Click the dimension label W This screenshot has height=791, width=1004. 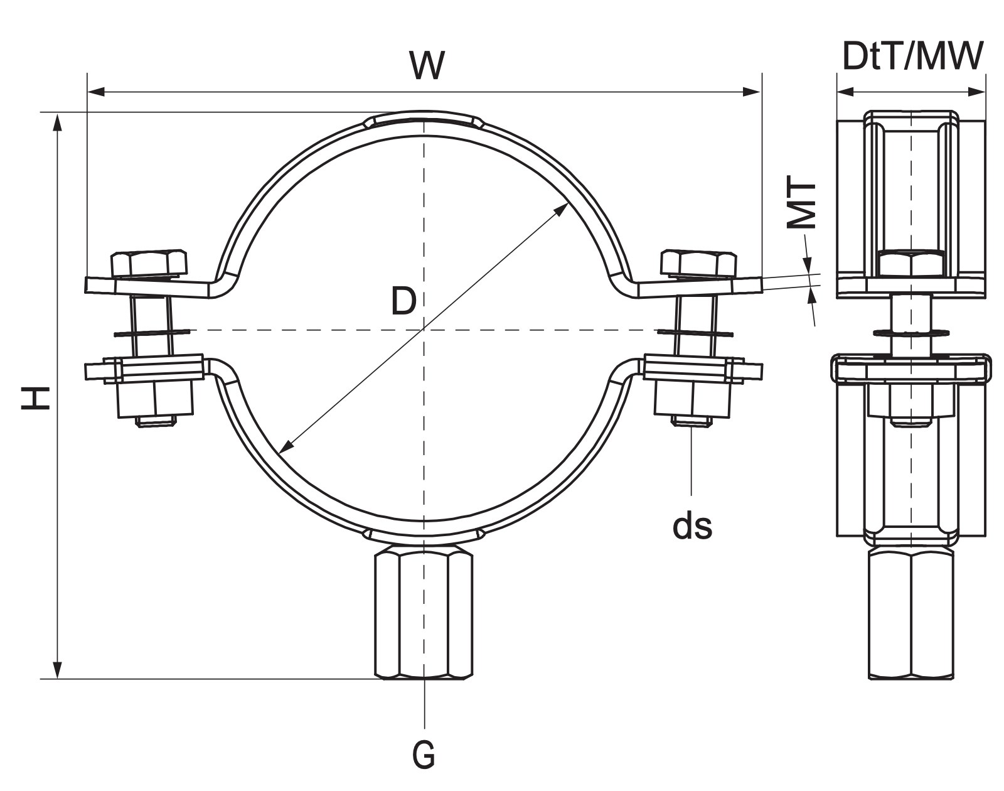[427, 65]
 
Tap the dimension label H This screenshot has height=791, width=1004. [36, 398]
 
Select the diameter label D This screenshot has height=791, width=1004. [403, 301]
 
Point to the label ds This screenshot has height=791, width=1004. [692, 526]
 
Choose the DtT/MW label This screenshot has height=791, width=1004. [913, 56]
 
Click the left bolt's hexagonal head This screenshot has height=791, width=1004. [149, 264]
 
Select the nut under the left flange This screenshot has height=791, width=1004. [156, 399]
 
